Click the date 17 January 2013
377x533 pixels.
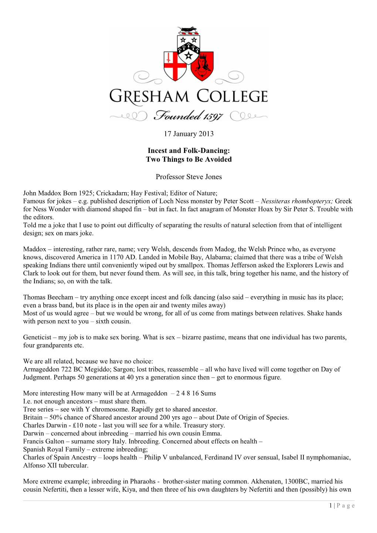(188, 134)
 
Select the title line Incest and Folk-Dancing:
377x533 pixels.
(188, 150)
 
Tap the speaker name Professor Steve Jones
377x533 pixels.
(188, 177)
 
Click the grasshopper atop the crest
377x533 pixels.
(188, 29)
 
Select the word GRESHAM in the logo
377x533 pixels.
(149, 96)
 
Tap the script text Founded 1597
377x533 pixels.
(188, 116)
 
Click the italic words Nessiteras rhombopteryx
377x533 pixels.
(297, 201)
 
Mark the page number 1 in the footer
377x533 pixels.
(330, 506)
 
